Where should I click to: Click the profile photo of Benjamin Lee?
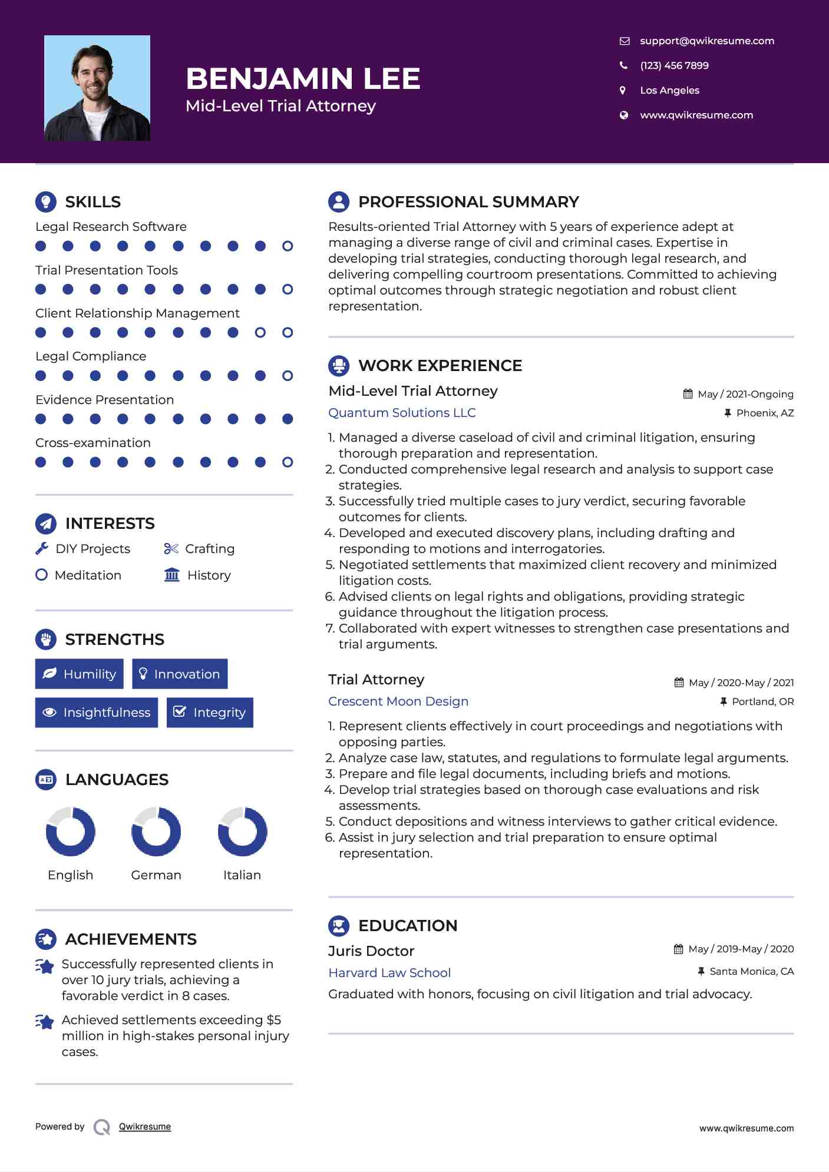pos(97,88)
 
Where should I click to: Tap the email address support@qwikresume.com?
pos(706,41)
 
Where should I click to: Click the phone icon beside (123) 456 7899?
pos(623,65)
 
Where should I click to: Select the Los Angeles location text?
pos(669,90)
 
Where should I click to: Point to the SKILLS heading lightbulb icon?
pos(46,201)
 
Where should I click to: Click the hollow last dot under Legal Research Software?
pos(288,246)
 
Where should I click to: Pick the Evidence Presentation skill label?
pos(104,399)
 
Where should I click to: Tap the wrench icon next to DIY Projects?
pos(42,548)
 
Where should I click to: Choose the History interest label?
pos(209,575)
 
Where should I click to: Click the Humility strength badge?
pos(80,674)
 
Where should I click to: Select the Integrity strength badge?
pos(210,712)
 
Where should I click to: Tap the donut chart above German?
pos(156,832)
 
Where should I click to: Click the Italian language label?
pos(242,875)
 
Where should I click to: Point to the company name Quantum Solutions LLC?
pos(402,412)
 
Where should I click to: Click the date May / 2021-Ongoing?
pos(745,394)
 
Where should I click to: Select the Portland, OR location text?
pos(762,701)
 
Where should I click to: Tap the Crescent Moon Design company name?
pos(398,701)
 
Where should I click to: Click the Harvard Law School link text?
pos(389,972)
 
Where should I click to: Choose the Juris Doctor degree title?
pos(371,951)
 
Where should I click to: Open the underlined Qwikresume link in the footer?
pos(145,1126)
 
